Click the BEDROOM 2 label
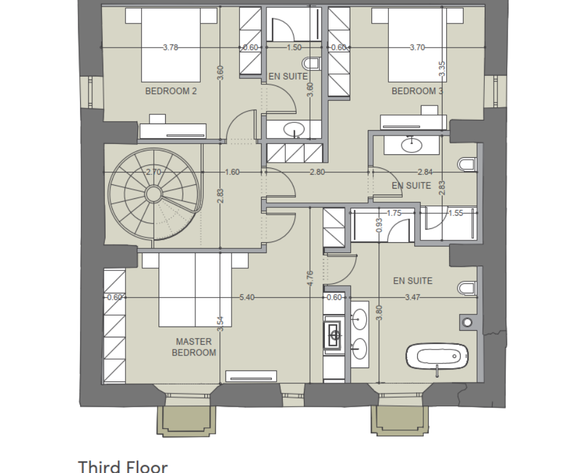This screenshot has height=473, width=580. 171,91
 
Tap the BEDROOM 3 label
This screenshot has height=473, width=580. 417,91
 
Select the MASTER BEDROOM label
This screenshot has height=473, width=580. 194,347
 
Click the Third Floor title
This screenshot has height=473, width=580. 123,466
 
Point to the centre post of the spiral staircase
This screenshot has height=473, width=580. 153,193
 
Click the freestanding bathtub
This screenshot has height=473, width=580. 437,356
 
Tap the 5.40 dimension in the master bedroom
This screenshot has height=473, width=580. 247,298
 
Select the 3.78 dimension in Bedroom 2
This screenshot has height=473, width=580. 171,48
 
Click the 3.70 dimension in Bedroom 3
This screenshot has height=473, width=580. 417,48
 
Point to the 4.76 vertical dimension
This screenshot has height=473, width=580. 310,278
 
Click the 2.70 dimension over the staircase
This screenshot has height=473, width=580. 153,172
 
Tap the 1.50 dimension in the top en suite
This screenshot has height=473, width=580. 294,48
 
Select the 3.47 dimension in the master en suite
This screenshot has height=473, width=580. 412,298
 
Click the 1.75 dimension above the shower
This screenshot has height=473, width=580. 394,213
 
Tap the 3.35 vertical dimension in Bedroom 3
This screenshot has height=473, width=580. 442,69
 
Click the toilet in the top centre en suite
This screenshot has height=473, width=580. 312,63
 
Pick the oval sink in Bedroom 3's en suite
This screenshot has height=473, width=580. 411,145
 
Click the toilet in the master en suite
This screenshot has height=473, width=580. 467,289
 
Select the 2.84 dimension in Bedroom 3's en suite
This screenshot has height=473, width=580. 425,172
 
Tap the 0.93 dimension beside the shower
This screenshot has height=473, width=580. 379,225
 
